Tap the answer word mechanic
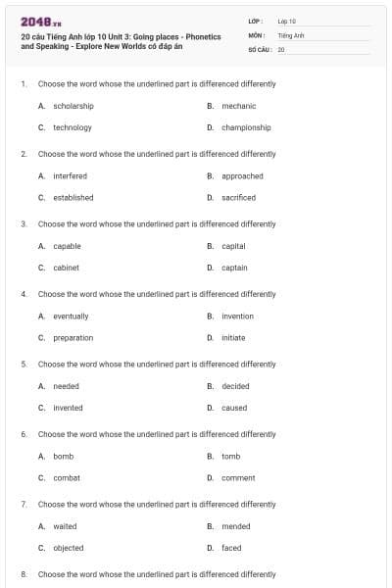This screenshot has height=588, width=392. (239, 106)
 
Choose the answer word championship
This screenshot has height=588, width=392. (246, 127)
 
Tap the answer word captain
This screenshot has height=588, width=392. (234, 268)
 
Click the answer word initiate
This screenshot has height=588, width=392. (233, 338)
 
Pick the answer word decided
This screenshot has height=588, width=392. (235, 386)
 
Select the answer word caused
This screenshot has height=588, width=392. (234, 408)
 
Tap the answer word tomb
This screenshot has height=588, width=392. (230, 457)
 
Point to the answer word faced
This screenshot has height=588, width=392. (231, 548)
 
